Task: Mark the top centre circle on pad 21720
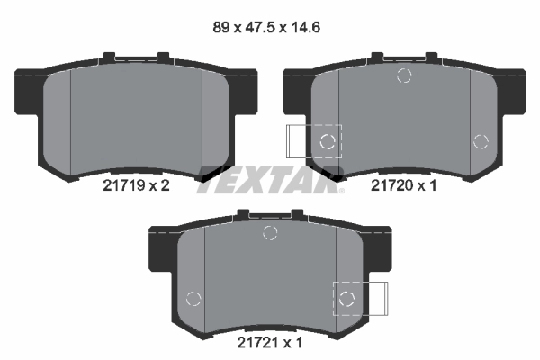point(404,76)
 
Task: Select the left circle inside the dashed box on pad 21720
point(328,140)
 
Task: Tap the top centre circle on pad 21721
point(269,233)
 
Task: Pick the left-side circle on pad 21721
point(192,299)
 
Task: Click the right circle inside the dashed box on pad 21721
point(347,298)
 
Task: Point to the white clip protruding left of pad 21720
point(296,141)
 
